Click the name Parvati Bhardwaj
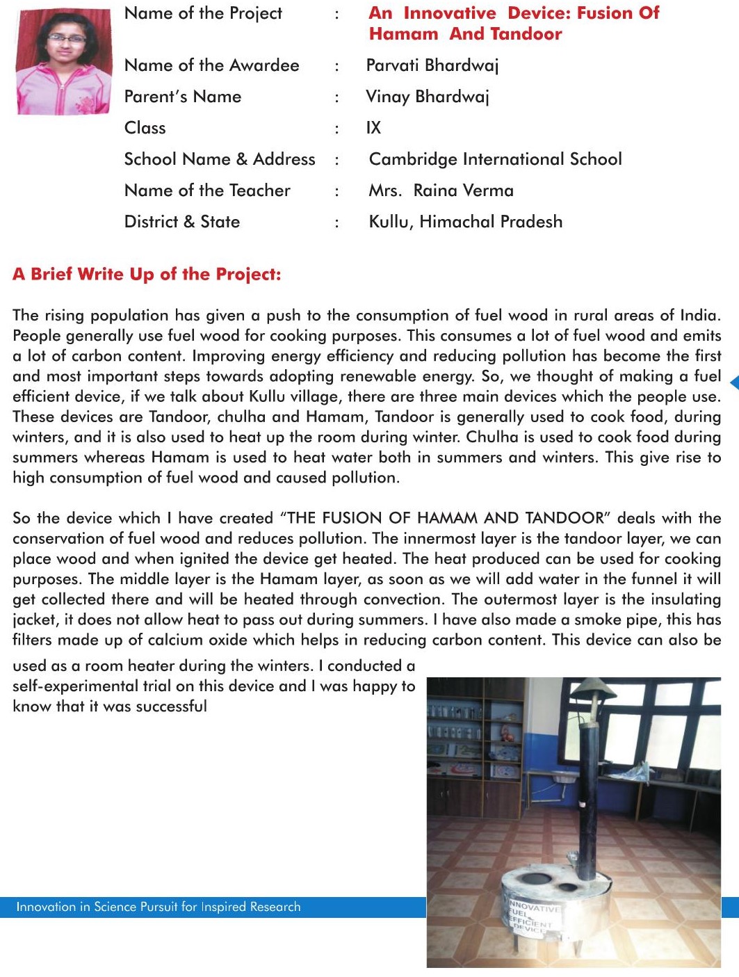(432, 65)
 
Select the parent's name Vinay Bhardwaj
(427, 97)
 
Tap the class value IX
(373, 128)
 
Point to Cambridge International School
(495, 159)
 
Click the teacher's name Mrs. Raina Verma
(441, 191)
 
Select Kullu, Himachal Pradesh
(465, 222)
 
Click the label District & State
(182, 222)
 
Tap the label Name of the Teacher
(207, 191)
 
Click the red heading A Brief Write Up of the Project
(147, 274)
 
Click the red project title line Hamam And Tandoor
(465, 34)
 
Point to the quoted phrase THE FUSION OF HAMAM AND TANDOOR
(445, 518)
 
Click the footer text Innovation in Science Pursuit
(159, 907)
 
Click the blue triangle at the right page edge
(734, 382)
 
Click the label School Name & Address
(220, 159)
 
